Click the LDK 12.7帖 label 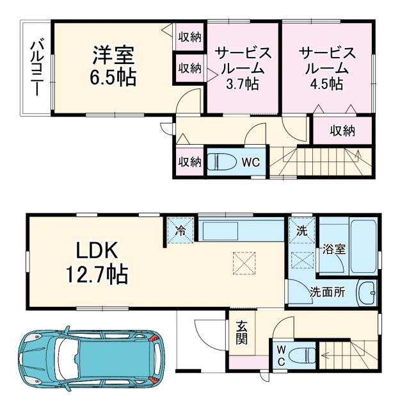(96, 262)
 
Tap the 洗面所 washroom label (327, 291)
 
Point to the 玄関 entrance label (241, 332)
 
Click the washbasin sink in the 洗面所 (367, 293)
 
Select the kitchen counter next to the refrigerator (240, 229)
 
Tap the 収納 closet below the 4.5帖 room (342, 131)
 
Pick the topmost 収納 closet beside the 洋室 (189, 37)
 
